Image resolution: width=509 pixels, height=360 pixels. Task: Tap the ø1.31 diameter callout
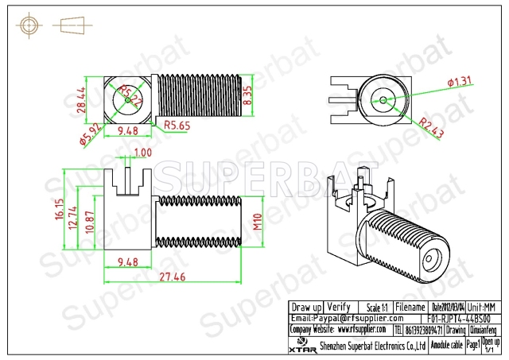click(x=461, y=81)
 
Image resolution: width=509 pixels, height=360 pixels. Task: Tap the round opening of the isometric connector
click(x=433, y=259)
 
